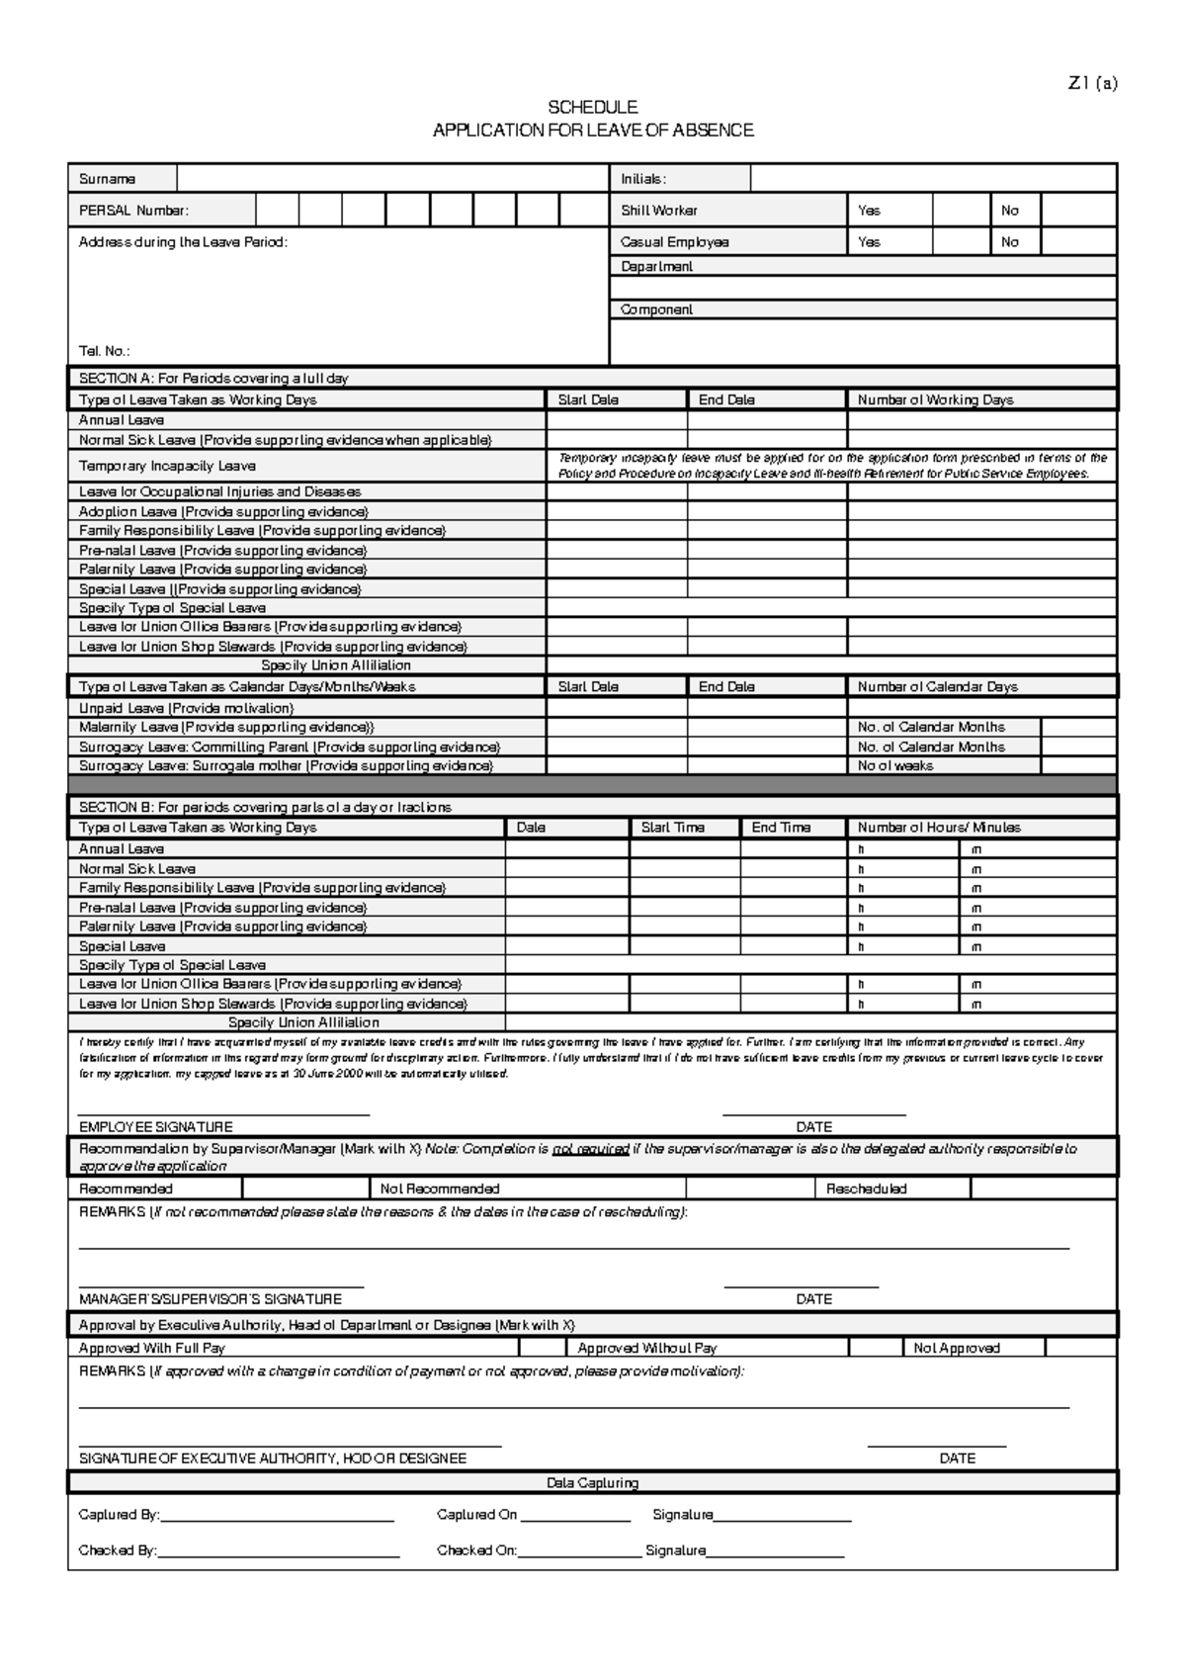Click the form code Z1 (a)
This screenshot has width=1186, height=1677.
[1092, 84]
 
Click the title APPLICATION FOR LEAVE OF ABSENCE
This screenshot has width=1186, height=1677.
[593, 131]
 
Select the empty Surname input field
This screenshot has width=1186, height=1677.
[392, 179]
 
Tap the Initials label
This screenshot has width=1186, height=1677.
[643, 179]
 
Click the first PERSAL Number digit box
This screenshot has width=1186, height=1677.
[277, 211]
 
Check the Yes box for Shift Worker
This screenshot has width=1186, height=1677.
[962, 211]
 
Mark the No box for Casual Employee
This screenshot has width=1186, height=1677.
[1079, 242]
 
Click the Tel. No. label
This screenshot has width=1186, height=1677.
[104, 351]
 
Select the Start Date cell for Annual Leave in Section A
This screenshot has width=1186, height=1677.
[617, 420]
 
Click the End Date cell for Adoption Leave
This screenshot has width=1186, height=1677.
[767, 512]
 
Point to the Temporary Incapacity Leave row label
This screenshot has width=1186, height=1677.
[167, 466]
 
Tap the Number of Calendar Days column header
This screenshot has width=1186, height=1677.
[937, 687]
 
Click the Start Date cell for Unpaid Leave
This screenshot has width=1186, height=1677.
[617, 708]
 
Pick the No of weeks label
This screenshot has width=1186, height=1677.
[895, 766]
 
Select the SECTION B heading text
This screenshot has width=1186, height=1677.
[265, 808]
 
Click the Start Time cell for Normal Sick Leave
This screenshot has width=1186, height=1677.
[684, 869]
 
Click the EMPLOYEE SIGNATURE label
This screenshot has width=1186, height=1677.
[156, 1127]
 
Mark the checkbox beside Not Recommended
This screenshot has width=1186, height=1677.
[750, 1189]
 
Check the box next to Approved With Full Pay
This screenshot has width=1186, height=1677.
[542, 1348]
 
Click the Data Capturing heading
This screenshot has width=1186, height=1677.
[593, 1483]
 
